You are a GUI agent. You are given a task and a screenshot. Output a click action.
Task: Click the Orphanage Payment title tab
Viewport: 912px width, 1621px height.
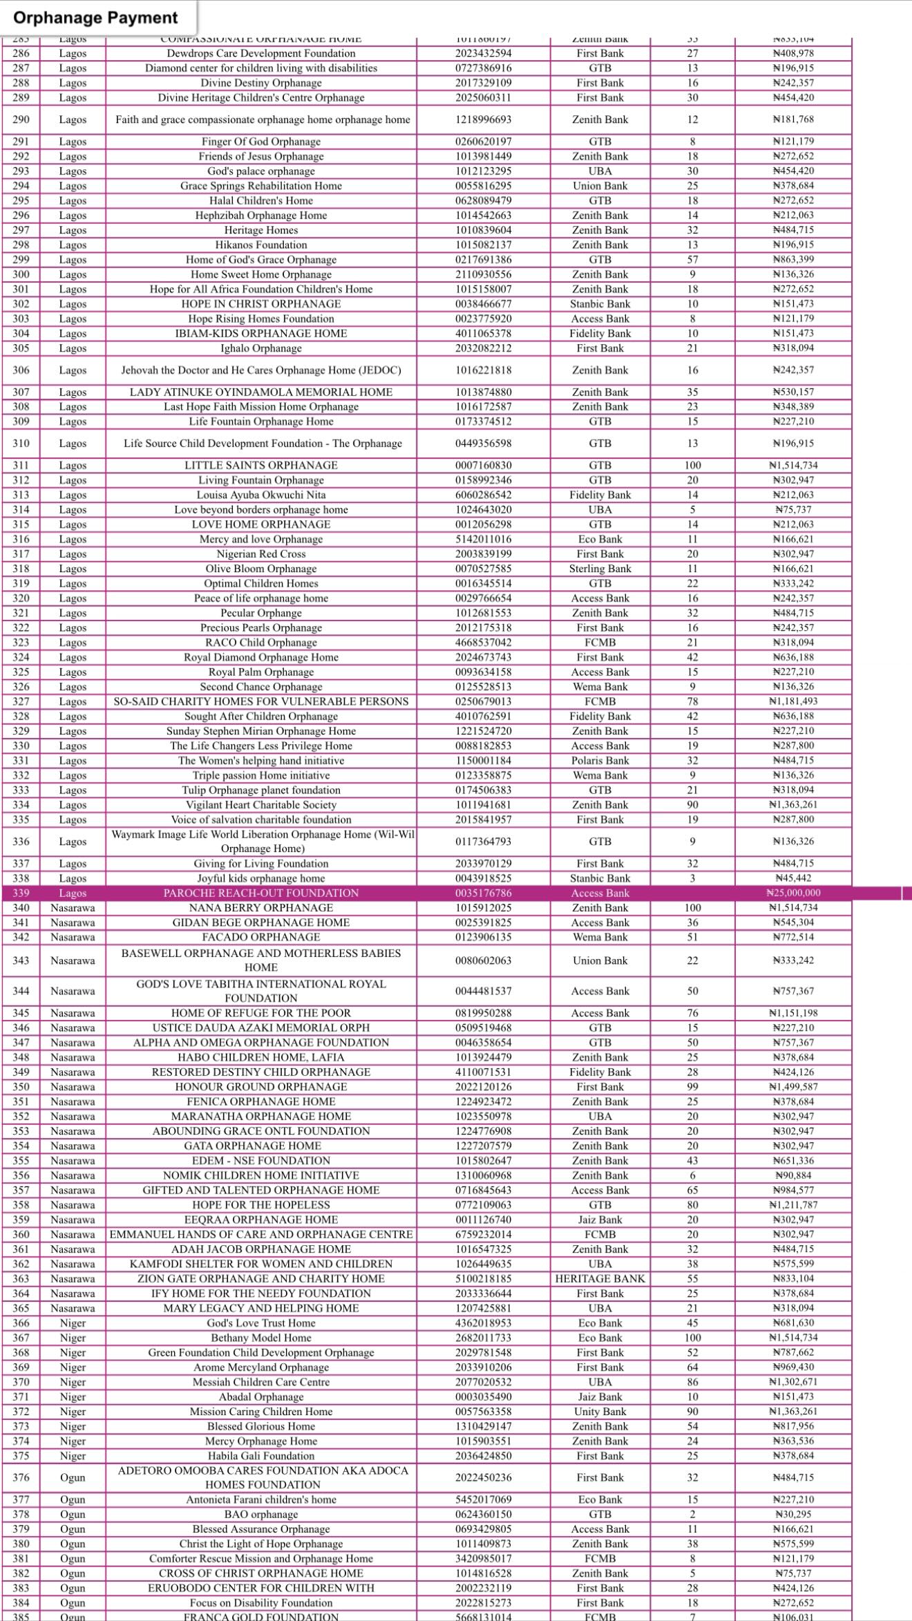pos(96,18)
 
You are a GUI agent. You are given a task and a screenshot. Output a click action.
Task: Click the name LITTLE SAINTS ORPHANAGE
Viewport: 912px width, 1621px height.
pos(261,465)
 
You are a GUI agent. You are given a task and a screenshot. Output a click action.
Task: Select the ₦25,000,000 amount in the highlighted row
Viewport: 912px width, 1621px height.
pos(793,893)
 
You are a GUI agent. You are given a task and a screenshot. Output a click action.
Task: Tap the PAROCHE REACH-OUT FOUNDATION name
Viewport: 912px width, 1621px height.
pos(261,893)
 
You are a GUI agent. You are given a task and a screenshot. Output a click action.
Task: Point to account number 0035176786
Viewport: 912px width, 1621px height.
pos(484,893)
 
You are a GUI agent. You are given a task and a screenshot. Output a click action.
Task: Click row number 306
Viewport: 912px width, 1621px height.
pos(21,370)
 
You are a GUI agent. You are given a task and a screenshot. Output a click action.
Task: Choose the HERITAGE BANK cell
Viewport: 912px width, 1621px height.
pos(600,1278)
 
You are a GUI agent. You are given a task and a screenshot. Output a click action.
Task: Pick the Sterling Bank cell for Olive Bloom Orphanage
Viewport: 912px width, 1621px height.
pos(600,569)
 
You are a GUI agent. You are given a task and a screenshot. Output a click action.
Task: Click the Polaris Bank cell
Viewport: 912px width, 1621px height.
pos(600,760)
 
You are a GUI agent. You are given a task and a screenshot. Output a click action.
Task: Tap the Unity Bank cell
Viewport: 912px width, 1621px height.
pos(600,1412)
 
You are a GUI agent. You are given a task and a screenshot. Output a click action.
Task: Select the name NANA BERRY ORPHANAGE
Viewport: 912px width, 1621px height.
pos(261,907)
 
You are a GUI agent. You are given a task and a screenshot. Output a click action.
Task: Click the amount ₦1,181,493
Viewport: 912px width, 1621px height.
pos(793,701)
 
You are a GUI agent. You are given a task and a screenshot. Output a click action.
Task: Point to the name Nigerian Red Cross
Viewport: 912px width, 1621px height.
pos(261,553)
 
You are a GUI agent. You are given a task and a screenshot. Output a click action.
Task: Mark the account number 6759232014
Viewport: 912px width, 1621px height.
pos(484,1234)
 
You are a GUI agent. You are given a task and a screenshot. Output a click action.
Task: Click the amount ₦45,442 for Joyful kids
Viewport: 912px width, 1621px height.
pos(793,878)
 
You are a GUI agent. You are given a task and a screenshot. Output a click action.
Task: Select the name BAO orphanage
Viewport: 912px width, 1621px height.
pos(261,1514)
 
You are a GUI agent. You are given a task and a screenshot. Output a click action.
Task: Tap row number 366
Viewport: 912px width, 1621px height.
pos(21,1323)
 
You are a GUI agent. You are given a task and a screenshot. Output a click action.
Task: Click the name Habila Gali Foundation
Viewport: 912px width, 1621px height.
pos(261,1455)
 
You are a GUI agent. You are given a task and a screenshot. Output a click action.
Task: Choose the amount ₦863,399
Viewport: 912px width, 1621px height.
pos(793,259)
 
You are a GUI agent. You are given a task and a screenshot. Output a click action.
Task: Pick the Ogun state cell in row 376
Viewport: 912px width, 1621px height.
pos(73,1477)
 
